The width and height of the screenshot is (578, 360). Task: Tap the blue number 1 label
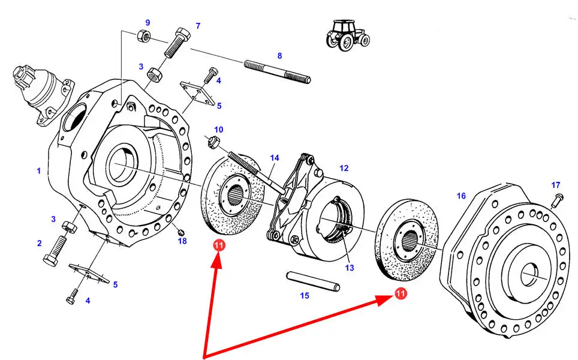[38, 171]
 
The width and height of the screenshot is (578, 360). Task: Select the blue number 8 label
[279, 56]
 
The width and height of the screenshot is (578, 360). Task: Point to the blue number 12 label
[344, 169]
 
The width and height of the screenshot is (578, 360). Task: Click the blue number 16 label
[460, 196]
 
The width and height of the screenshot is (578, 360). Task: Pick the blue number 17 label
[556, 185]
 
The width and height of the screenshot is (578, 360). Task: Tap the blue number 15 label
[305, 295]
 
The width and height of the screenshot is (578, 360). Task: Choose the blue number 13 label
[349, 268]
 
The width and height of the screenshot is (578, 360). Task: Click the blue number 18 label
[182, 241]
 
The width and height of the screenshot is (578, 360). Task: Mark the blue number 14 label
[275, 158]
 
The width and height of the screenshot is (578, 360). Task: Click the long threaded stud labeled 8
[277, 71]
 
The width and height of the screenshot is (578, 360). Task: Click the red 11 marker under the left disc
[219, 245]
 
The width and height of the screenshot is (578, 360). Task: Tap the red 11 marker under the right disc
[401, 293]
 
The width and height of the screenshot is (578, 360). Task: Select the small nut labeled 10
[213, 143]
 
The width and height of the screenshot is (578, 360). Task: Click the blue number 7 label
[197, 26]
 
